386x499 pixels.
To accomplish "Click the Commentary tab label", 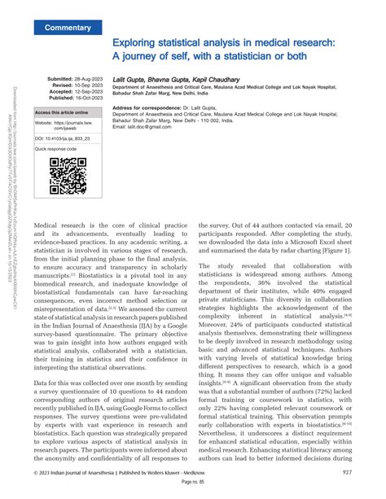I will tap(68, 28).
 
